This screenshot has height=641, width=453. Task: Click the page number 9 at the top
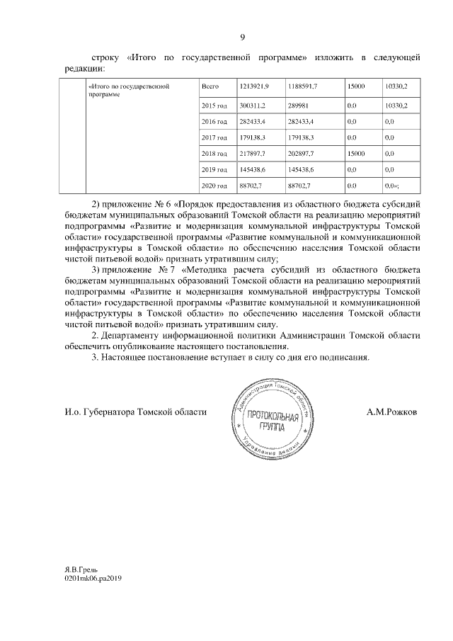pyautogui.click(x=243, y=37)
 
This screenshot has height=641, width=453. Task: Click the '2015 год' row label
pyautogui.click(x=214, y=106)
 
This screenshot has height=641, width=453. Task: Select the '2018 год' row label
pyautogui.click(x=214, y=154)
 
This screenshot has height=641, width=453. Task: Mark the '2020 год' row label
pyautogui.click(x=214, y=186)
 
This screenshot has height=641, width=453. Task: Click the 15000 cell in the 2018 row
pyautogui.click(x=355, y=154)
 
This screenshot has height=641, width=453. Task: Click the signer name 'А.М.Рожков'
pyautogui.click(x=391, y=412)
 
